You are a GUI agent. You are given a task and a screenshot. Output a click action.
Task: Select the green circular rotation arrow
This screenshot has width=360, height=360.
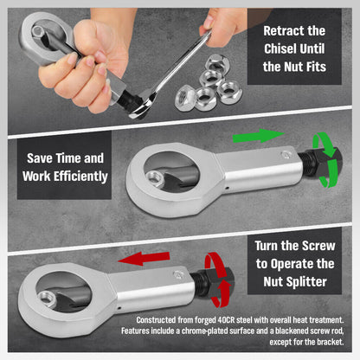coord(328,159)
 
